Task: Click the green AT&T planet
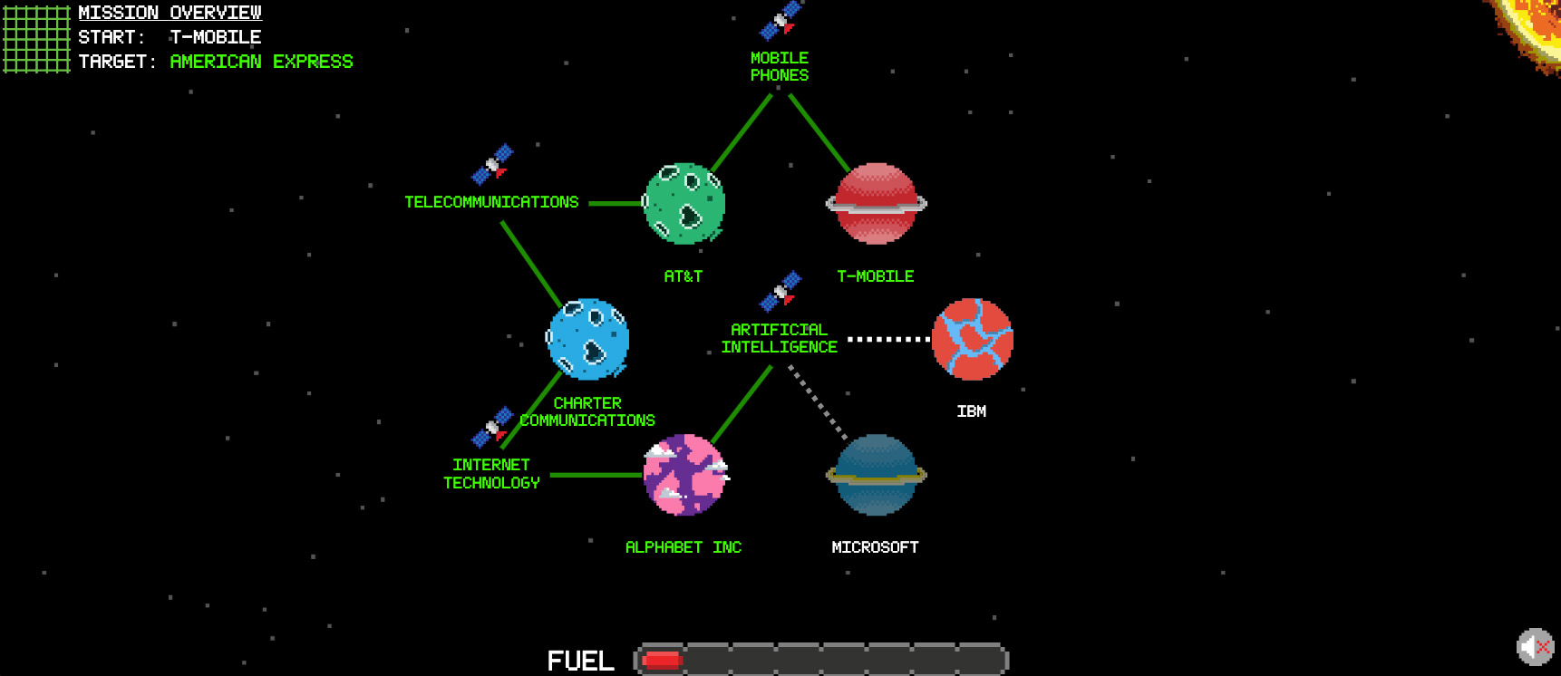[684, 204]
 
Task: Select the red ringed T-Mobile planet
[876, 204]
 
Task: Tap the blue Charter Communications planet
[588, 339]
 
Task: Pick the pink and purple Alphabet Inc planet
[684, 475]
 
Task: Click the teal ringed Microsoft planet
[876, 475]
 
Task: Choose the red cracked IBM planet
[972, 339]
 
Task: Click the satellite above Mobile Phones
[780, 20]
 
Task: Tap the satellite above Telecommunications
[492, 164]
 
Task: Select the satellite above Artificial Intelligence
[780, 291]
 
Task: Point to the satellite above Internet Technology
[492, 427]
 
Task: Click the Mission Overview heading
[170, 13]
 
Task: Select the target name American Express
[261, 62]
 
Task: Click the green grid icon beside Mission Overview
[36, 38]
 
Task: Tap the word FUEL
[580, 661]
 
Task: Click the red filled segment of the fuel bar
[662, 661]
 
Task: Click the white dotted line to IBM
[888, 339]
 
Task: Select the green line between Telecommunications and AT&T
[615, 203]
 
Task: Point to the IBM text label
[972, 411]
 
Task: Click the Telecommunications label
[491, 202]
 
